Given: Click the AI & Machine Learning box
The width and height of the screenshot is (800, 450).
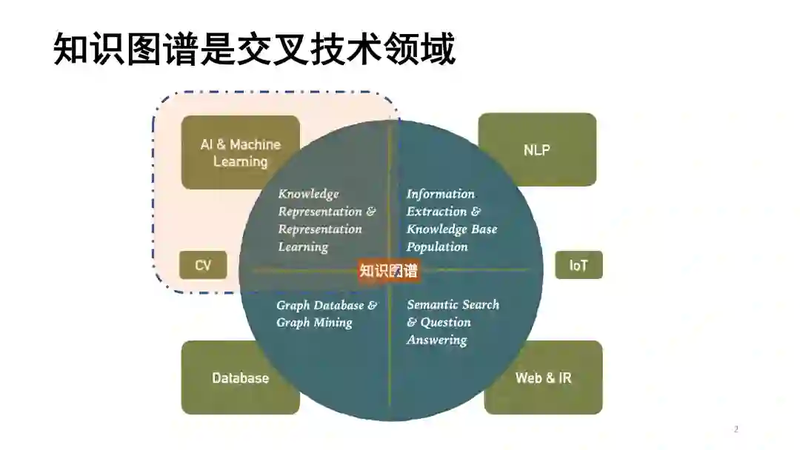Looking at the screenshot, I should point(240,152).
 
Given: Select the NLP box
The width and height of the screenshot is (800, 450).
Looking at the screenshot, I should point(537,150).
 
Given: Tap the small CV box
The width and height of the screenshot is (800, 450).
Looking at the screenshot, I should point(203,265).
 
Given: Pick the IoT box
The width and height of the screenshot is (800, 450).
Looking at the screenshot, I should point(579,265).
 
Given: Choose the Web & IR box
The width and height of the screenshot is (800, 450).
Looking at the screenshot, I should point(544,378).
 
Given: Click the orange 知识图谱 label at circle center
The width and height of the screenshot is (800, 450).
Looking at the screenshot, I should point(388,270).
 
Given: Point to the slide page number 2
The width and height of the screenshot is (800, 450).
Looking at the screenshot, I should point(736,429).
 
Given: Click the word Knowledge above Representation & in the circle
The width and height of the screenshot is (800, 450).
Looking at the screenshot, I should point(308,194).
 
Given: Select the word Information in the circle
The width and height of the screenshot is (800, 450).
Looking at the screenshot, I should point(441,194).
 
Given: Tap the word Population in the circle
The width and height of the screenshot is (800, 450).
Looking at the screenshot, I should point(437,247).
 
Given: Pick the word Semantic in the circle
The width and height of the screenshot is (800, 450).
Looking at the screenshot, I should point(430,305).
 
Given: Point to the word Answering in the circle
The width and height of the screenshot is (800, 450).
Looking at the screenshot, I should point(436,340).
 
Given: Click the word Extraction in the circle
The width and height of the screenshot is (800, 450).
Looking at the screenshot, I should point(436,212).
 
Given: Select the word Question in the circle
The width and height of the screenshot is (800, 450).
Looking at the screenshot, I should point(446,323).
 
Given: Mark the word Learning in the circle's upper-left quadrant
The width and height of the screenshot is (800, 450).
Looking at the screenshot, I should point(303,247).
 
